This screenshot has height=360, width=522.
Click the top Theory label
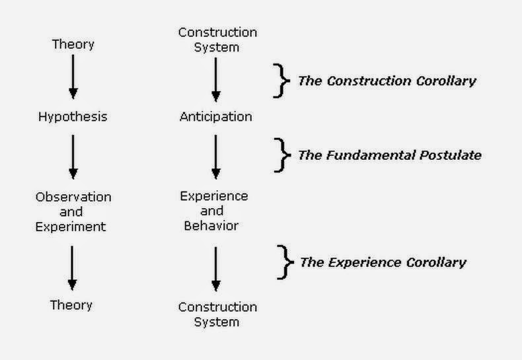(73, 45)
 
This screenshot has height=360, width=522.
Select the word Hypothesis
(73, 117)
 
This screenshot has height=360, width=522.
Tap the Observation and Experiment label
(73, 211)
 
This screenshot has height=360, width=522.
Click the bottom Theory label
(71, 305)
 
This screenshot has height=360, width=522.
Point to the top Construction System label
(217, 39)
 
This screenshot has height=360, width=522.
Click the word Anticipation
(215, 117)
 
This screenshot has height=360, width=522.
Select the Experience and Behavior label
(214, 211)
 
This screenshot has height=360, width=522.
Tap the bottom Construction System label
(217, 314)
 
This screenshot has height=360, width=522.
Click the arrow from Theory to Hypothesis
(73, 78)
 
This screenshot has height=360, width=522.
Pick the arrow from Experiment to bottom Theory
(73, 268)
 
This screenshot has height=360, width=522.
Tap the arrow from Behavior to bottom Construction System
(215, 268)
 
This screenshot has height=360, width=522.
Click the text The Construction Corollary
(387, 81)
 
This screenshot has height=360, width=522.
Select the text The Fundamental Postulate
(389, 156)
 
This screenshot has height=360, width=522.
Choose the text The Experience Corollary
(383, 262)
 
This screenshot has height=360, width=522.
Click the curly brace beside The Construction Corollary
(283, 81)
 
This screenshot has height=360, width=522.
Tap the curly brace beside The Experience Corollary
(285, 262)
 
